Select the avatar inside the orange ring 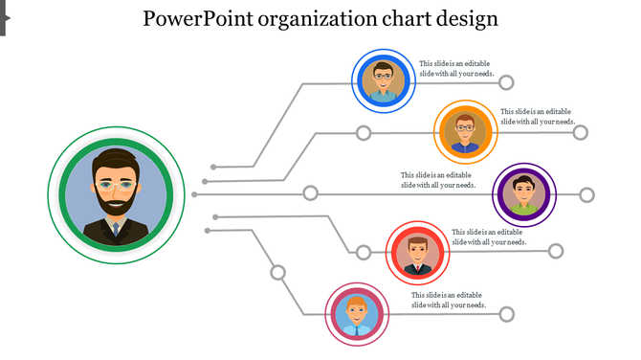click(x=465, y=131)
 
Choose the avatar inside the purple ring click(x=524, y=194)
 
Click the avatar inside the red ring click(x=417, y=253)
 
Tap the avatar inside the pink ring click(x=356, y=314)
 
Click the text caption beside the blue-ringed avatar click(x=457, y=69)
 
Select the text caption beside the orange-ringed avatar click(x=538, y=116)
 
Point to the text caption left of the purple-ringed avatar click(x=438, y=180)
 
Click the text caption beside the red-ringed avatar click(x=489, y=236)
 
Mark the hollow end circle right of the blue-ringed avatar click(x=506, y=82)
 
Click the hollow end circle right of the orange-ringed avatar click(x=580, y=132)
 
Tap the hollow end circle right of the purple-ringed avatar click(x=586, y=195)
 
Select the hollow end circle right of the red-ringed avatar click(x=556, y=251)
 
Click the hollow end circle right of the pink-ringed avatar click(x=507, y=314)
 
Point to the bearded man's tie click(x=116, y=230)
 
